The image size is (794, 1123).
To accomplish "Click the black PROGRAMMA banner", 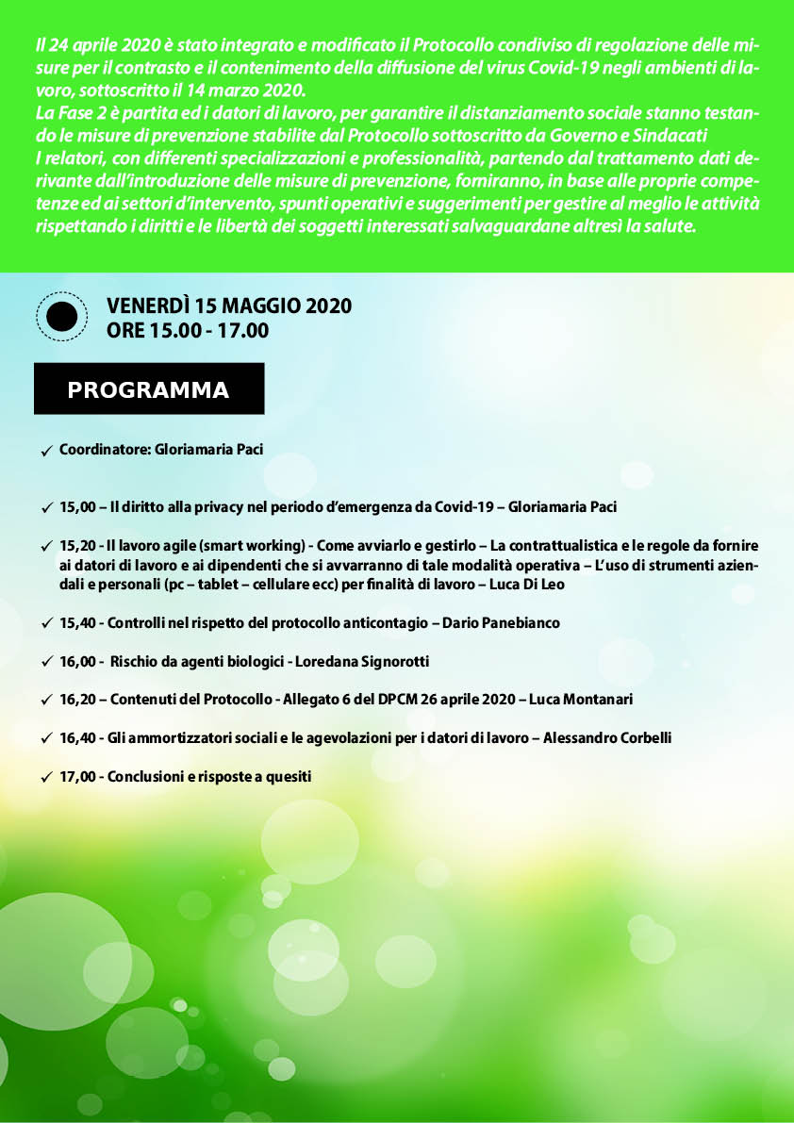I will click(x=149, y=389).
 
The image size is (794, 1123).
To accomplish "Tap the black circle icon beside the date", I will click(x=61, y=317).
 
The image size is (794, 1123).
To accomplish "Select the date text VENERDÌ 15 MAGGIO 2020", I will click(x=229, y=306).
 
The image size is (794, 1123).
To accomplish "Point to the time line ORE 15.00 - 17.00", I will click(x=188, y=330).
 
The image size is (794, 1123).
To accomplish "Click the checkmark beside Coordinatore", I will click(x=46, y=453).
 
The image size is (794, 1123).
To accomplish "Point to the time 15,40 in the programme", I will click(x=77, y=623).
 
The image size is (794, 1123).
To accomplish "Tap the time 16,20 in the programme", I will click(x=77, y=700).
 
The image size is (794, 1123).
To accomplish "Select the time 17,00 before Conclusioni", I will click(x=77, y=777).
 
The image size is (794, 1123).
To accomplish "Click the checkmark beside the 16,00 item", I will click(x=46, y=663).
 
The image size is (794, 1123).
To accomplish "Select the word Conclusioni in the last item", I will click(x=144, y=777).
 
